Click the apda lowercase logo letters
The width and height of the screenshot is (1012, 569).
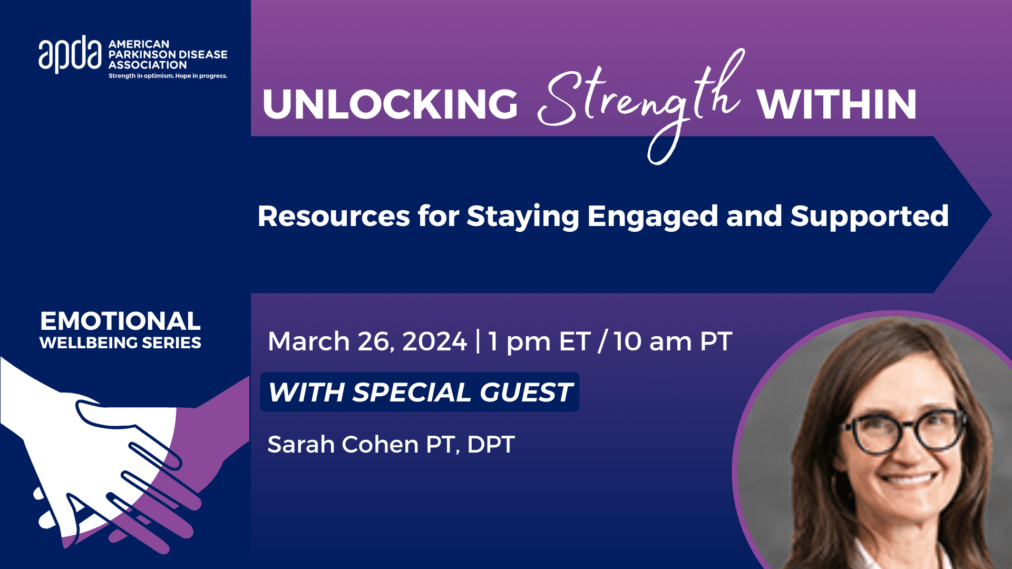(x=70, y=54)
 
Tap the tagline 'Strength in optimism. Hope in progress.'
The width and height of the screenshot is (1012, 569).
(x=168, y=76)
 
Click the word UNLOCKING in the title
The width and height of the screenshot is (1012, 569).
(x=390, y=104)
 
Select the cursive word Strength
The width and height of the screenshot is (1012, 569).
(x=641, y=105)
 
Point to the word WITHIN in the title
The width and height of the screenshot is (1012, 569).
(x=836, y=104)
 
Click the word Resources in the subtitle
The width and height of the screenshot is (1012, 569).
(x=334, y=216)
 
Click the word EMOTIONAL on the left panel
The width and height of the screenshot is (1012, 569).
(x=120, y=321)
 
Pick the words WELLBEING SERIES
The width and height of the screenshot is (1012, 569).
(x=120, y=343)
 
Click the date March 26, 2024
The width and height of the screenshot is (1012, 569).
(x=367, y=342)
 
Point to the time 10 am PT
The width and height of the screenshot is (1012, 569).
(x=673, y=341)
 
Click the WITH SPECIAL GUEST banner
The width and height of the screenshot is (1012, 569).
(x=420, y=392)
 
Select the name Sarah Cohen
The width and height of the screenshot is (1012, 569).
(x=342, y=445)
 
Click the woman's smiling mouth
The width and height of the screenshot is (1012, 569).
(x=908, y=480)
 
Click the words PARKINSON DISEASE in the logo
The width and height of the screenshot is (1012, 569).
(x=168, y=54)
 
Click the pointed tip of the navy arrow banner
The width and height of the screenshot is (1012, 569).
(x=991, y=214)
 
